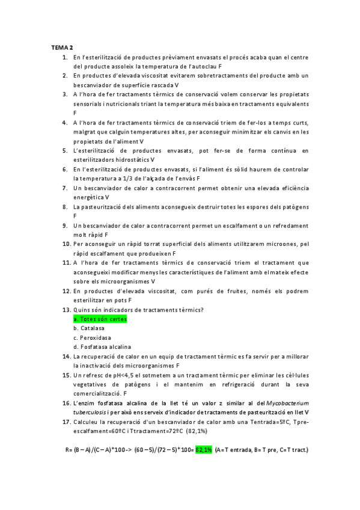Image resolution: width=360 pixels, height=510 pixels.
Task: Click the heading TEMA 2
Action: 61,48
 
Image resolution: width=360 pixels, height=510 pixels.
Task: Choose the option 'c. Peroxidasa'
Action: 92,337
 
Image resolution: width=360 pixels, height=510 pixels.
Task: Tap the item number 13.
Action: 66,310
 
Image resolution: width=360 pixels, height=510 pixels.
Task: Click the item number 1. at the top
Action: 65,57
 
